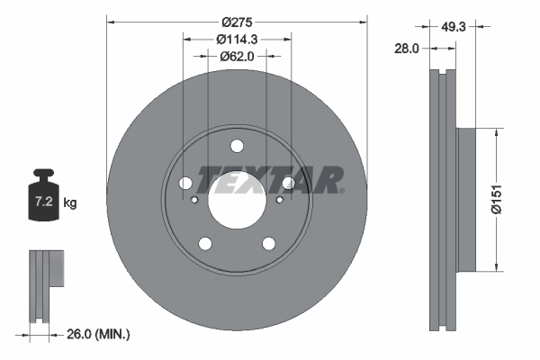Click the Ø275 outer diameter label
[x=238, y=21]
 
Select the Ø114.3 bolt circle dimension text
[x=238, y=39]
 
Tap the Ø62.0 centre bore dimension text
[x=238, y=56]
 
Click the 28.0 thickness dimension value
[x=407, y=49]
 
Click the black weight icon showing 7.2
[x=44, y=192]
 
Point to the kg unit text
[x=70, y=203]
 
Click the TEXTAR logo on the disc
[x=270, y=181]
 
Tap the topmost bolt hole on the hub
[x=237, y=147]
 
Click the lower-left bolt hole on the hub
[x=205, y=243]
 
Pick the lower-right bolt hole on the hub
[x=268, y=243]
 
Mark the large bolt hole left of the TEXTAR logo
[x=185, y=184]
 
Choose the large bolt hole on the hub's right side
[x=288, y=184]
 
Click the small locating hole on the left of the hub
[x=194, y=200]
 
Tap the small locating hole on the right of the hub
[x=279, y=200]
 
